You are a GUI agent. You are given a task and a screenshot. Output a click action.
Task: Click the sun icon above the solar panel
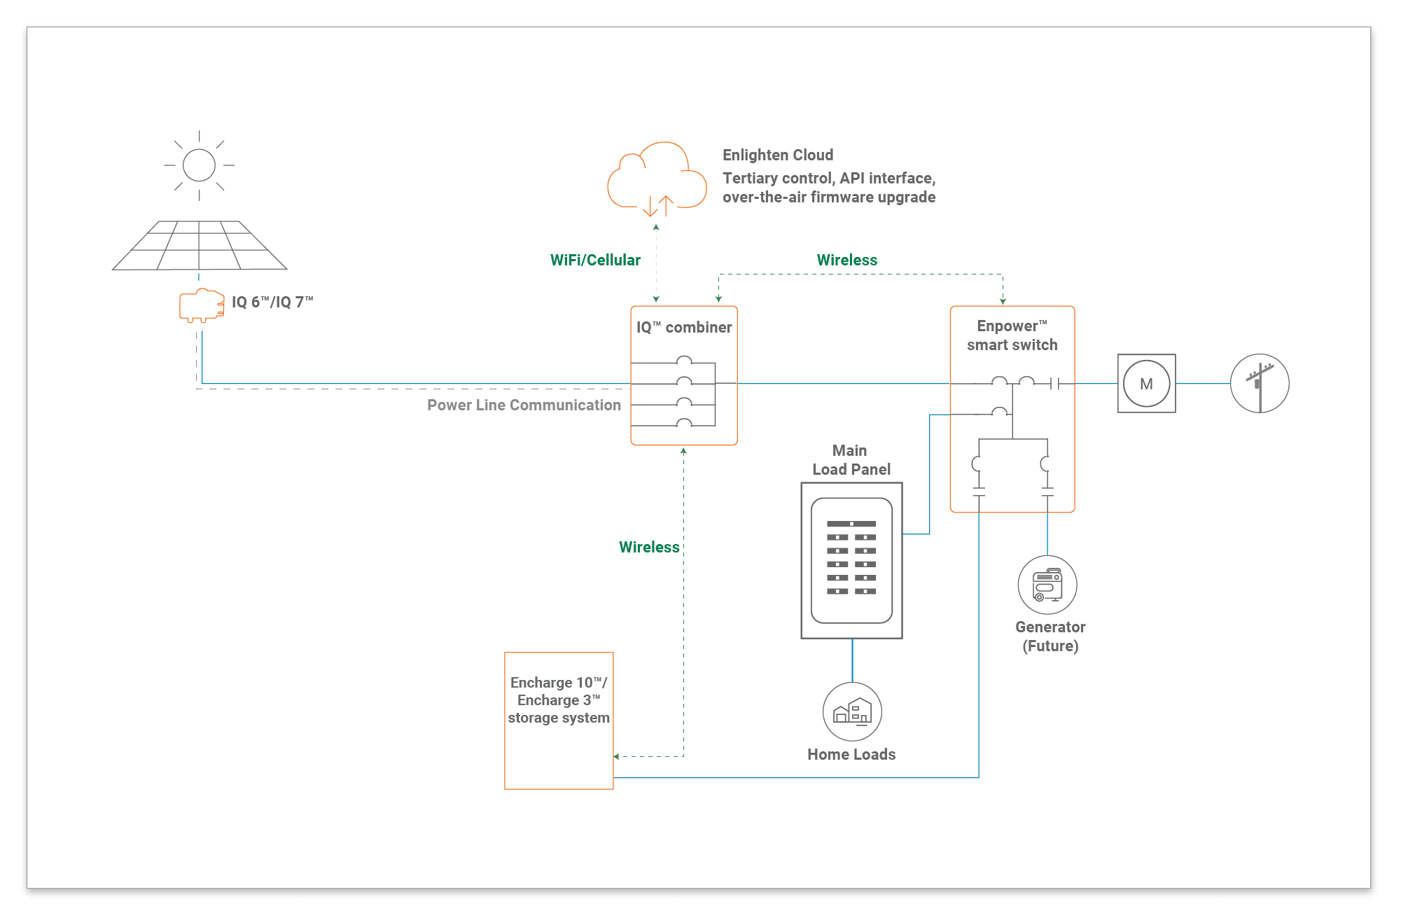pyautogui.click(x=199, y=165)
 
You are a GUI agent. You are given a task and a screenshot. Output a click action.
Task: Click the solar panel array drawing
pyautogui.click(x=200, y=246)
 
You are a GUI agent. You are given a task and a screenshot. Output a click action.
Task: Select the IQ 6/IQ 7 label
pyautogui.click(x=272, y=302)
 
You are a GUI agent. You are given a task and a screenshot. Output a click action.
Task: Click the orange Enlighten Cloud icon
pyautogui.click(x=656, y=179)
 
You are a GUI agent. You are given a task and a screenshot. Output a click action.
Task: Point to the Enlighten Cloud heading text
pyautogui.click(x=778, y=155)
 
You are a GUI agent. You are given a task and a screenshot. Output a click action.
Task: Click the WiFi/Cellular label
pyautogui.click(x=595, y=260)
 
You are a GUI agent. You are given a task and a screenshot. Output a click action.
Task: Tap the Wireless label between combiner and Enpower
pyautogui.click(x=846, y=260)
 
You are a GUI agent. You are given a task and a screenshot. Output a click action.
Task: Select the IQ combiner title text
pyautogui.click(x=684, y=327)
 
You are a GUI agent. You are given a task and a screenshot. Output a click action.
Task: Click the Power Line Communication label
pyautogui.click(x=524, y=405)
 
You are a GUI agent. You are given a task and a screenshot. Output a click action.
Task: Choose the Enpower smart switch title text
pyautogui.click(x=1012, y=335)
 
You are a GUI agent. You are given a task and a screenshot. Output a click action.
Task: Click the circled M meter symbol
pyautogui.click(x=1146, y=384)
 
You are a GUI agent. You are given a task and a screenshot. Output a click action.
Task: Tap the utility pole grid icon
pyautogui.click(x=1260, y=383)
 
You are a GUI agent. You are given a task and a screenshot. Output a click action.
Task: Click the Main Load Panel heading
pyautogui.click(x=851, y=460)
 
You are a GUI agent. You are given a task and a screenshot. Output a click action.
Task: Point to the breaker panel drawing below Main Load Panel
pyautogui.click(x=851, y=560)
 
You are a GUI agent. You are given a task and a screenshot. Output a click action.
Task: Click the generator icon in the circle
pyautogui.click(x=1047, y=585)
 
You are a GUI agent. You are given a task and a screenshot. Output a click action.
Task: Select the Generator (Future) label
pyautogui.click(x=1050, y=636)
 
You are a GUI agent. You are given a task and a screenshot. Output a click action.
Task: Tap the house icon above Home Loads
pyautogui.click(x=852, y=712)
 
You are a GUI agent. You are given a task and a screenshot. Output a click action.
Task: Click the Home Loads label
pyautogui.click(x=851, y=754)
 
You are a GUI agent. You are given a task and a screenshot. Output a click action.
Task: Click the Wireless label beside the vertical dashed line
pyautogui.click(x=649, y=547)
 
